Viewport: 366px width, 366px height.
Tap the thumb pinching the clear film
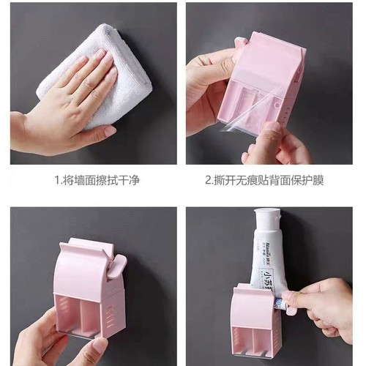click(272, 135)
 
